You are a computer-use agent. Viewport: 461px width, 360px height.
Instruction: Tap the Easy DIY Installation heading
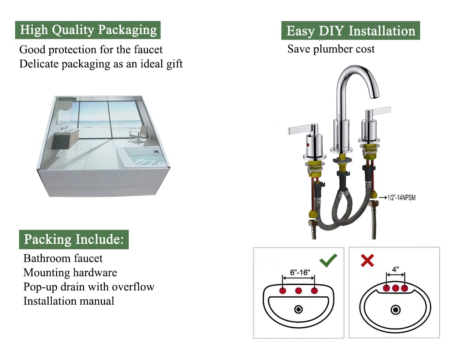350,31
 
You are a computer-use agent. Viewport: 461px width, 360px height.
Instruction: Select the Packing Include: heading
74,239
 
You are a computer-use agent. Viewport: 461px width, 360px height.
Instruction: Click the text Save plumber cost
331,49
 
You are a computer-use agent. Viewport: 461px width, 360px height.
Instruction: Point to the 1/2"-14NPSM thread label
397,197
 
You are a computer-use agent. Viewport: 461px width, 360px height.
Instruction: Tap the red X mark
367,260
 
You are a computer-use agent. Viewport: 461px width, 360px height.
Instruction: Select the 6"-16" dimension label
298,273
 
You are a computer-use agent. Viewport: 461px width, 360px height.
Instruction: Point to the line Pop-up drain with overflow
88,286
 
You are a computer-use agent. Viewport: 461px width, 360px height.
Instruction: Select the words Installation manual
69,301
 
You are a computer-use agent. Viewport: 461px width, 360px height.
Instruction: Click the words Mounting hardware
70,272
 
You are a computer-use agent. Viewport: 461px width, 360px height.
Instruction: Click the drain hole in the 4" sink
395,310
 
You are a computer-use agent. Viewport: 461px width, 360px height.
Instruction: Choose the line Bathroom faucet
63,258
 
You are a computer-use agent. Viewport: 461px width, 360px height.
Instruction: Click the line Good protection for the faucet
91,50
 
